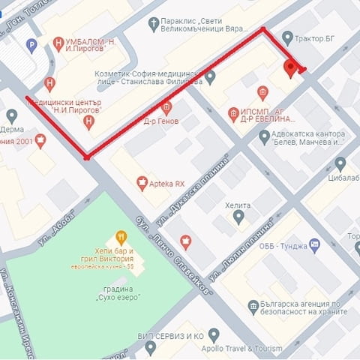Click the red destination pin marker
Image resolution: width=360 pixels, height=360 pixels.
pos(291,70)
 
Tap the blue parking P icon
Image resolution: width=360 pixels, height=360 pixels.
pos(31,46)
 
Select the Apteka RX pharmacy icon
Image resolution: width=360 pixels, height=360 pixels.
pos(142,181)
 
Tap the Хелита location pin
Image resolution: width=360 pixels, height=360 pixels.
pos(238,217)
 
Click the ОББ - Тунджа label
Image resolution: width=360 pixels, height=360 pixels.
pos(280,244)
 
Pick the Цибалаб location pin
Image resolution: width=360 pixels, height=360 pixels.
pos(340,164)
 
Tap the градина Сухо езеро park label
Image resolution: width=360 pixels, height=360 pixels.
pos(115,293)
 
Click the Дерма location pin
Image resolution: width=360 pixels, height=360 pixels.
pos(11,115)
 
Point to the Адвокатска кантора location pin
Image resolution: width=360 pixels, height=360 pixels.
pos(264,137)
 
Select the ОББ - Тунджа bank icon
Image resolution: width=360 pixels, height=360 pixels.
pos(314,244)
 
